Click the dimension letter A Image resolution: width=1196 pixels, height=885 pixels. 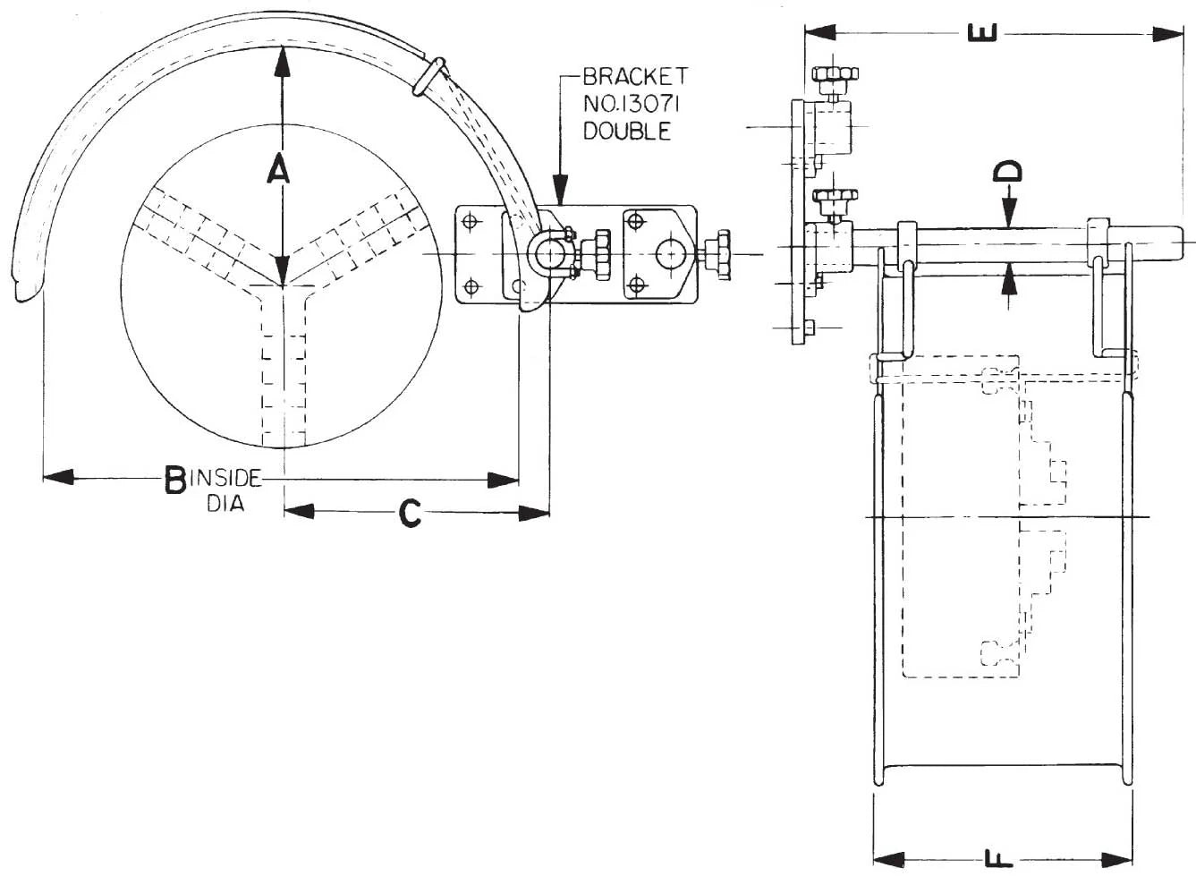click(x=278, y=168)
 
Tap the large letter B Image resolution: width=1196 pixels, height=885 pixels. click(x=175, y=480)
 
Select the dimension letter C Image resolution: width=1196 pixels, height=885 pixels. click(x=410, y=513)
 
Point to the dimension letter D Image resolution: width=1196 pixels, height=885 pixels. click(x=1007, y=171)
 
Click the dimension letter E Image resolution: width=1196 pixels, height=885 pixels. click(x=983, y=32)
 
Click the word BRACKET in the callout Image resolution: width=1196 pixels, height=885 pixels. click(x=635, y=77)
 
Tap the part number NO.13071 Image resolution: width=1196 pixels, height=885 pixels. click(x=631, y=104)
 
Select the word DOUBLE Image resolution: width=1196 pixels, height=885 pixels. click(x=627, y=132)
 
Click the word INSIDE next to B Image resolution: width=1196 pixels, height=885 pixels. click(x=225, y=478)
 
